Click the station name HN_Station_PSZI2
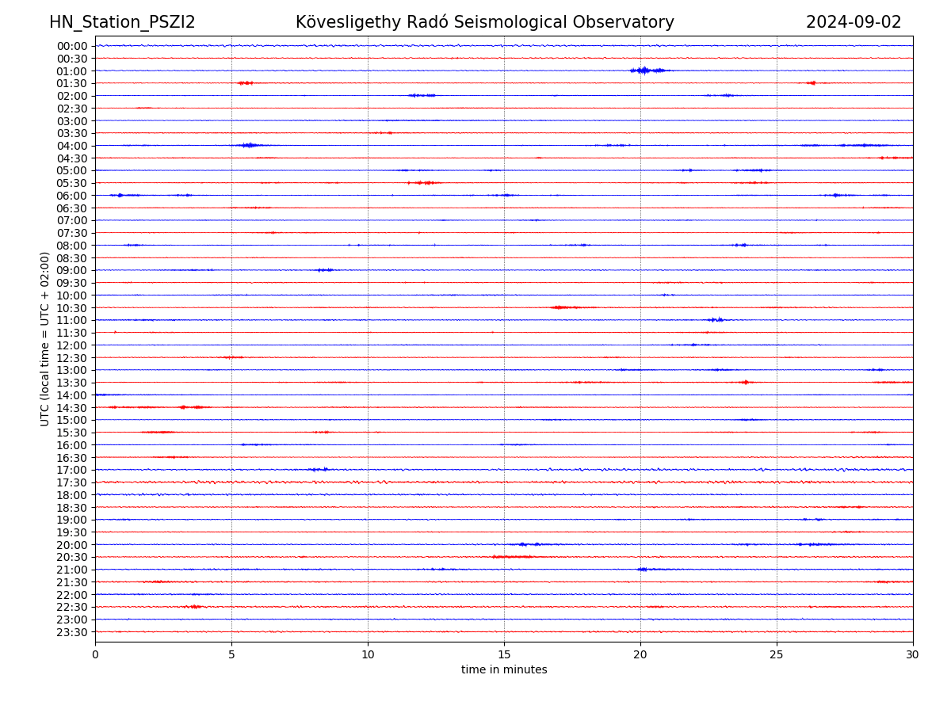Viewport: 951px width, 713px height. (122, 22)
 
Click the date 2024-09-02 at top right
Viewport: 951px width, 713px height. (854, 22)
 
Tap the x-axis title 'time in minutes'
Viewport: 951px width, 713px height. (504, 669)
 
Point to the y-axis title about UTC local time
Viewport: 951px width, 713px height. (45, 338)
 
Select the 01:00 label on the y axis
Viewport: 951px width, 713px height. (71, 71)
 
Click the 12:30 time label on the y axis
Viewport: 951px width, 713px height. (71, 357)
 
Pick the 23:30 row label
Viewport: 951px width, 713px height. (71, 631)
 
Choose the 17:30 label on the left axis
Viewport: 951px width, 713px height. (71, 482)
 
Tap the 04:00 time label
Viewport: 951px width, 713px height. (71, 146)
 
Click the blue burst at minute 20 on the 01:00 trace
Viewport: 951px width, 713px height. (644, 71)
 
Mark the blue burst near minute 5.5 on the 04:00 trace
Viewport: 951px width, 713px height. (250, 145)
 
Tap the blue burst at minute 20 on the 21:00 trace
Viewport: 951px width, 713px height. (642, 569)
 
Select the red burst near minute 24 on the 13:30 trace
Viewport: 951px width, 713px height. (745, 382)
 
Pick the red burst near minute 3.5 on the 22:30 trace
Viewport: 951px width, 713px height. (194, 607)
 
